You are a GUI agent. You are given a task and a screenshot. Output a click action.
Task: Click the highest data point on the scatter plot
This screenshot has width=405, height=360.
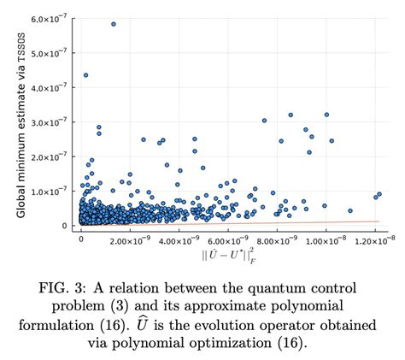(x=113, y=24)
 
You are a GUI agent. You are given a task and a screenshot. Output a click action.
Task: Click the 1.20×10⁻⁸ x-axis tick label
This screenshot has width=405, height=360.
(x=374, y=240)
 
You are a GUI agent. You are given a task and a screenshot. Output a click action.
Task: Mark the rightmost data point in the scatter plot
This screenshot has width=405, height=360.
(x=379, y=194)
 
